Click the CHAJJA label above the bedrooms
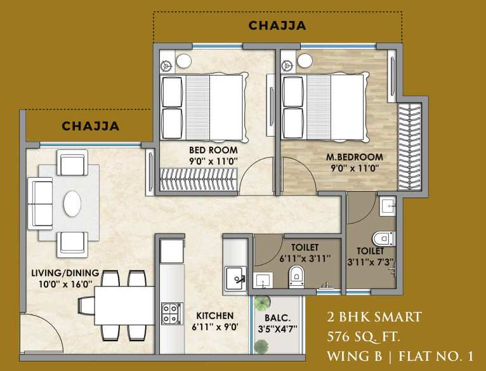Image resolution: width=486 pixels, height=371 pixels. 277,26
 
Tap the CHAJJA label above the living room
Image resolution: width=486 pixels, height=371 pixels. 90,126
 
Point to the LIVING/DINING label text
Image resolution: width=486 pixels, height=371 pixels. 62,273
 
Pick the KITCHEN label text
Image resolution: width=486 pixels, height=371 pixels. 214,315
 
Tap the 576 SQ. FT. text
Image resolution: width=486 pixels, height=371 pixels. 364,336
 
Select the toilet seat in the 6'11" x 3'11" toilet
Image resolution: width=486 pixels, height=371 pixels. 296,277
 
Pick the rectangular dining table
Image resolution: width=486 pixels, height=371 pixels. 125,305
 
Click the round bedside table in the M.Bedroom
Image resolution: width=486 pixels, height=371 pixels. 305,62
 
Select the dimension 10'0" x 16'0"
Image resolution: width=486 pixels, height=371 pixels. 62,285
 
